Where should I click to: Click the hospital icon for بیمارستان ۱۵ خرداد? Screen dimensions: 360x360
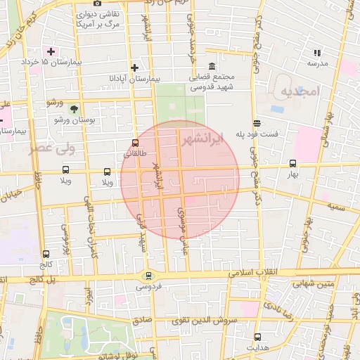point(51,51)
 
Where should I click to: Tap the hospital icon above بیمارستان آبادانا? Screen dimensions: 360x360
point(135,67)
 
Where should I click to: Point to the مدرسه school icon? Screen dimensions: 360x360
point(317,52)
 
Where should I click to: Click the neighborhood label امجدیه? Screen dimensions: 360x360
point(300,91)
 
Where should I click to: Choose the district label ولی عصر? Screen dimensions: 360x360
point(52,148)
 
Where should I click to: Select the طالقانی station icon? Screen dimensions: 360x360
point(136,142)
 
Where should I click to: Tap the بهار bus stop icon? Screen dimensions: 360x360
point(293,163)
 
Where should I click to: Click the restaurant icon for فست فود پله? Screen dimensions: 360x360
point(257,121)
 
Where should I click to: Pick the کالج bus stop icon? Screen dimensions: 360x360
point(46,254)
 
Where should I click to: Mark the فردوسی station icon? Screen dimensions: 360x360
point(148,276)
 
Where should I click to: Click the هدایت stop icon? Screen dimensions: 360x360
point(257,337)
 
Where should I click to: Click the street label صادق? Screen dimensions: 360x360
point(142,318)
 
